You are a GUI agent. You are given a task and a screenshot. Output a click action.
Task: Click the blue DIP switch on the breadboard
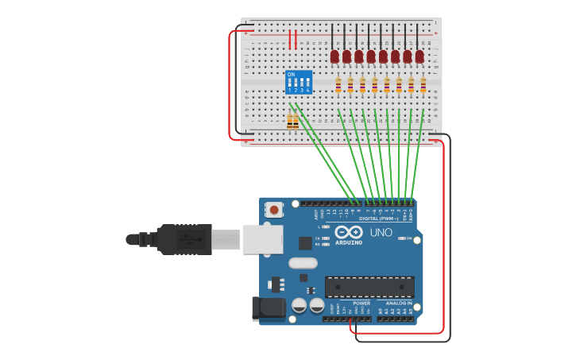tap(299, 82)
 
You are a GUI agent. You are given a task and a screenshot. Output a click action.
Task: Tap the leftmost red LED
tap(334, 56)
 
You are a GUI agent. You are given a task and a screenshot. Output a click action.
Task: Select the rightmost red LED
tap(419, 56)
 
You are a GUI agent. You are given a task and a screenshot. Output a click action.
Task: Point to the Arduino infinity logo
tap(349, 232)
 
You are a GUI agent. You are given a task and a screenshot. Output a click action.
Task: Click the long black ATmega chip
tap(369, 287)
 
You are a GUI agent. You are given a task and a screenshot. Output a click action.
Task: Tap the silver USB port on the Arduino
tap(262, 238)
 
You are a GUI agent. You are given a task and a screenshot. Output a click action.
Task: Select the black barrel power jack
tap(268, 309)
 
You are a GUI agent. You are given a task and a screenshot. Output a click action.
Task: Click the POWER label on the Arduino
tap(361, 303)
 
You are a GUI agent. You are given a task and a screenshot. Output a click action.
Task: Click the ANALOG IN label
tap(399, 303)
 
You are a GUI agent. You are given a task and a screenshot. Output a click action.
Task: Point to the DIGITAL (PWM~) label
tap(380, 218)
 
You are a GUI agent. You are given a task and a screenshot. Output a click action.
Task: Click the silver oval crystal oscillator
tap(303, 263)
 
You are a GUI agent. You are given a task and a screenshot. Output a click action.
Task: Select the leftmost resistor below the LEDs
tap(338, 85)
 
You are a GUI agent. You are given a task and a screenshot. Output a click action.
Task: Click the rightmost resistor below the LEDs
tap(423, 85)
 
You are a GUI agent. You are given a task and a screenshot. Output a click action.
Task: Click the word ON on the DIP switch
tap(291, 75)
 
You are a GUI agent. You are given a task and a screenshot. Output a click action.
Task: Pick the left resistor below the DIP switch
tap(290, 121)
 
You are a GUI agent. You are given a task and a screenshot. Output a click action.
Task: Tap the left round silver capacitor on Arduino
tap(300, 305)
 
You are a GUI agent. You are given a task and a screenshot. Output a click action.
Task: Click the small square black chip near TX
tap(305, 243)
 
